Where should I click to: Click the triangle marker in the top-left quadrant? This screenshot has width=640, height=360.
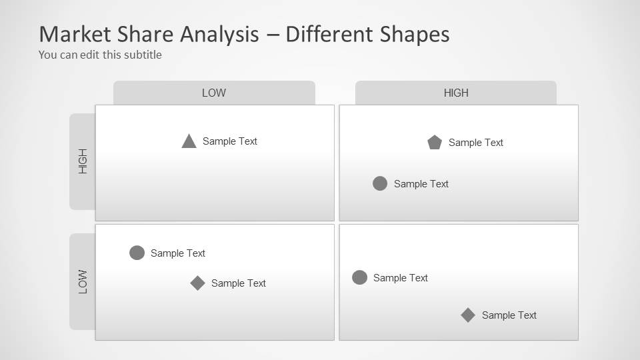tap(189, 141)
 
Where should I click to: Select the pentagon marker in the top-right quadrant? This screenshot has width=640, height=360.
tap(435, 142)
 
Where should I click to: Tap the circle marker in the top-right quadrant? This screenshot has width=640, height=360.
tap(380, 183)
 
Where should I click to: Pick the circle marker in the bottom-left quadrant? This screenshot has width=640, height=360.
tap(137, 253)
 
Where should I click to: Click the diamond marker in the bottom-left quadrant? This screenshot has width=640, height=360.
tap(197, 283)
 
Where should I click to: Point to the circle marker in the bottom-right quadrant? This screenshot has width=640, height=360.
tap(359, 277)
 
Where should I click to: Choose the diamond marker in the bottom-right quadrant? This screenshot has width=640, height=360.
tap(468, 315)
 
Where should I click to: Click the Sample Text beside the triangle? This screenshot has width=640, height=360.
tap(230, 141)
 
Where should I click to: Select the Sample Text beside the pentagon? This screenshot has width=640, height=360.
tap(476, 143)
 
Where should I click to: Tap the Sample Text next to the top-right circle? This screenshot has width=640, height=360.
tap(421, 184)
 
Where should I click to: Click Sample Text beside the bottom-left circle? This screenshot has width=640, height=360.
tap(178, 253)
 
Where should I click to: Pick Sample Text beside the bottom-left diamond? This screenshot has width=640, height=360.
tap(239, 283)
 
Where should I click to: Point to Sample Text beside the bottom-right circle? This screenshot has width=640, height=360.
tap(401, 278)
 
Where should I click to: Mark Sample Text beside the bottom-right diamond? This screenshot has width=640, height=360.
tap(509, 315)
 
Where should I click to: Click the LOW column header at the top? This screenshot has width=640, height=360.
tap(214, 93)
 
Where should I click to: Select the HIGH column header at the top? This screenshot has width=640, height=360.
tap(456, 93)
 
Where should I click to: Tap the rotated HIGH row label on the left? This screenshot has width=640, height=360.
tap(83, 161)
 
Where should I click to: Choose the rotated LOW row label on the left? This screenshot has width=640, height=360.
tap(83, 281)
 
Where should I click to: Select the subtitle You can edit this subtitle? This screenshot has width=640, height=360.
tap(100, 55)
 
